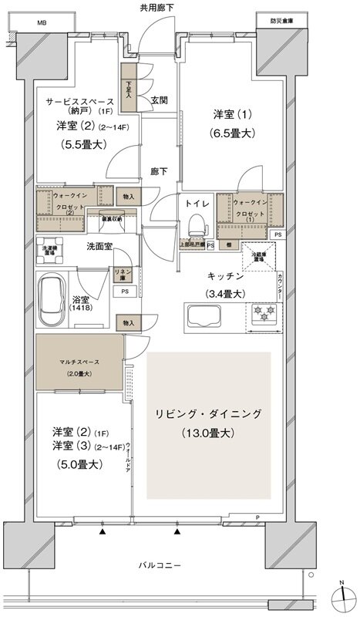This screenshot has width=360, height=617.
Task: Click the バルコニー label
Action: point(161,565)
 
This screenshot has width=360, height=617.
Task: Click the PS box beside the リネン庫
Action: point(123,292)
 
